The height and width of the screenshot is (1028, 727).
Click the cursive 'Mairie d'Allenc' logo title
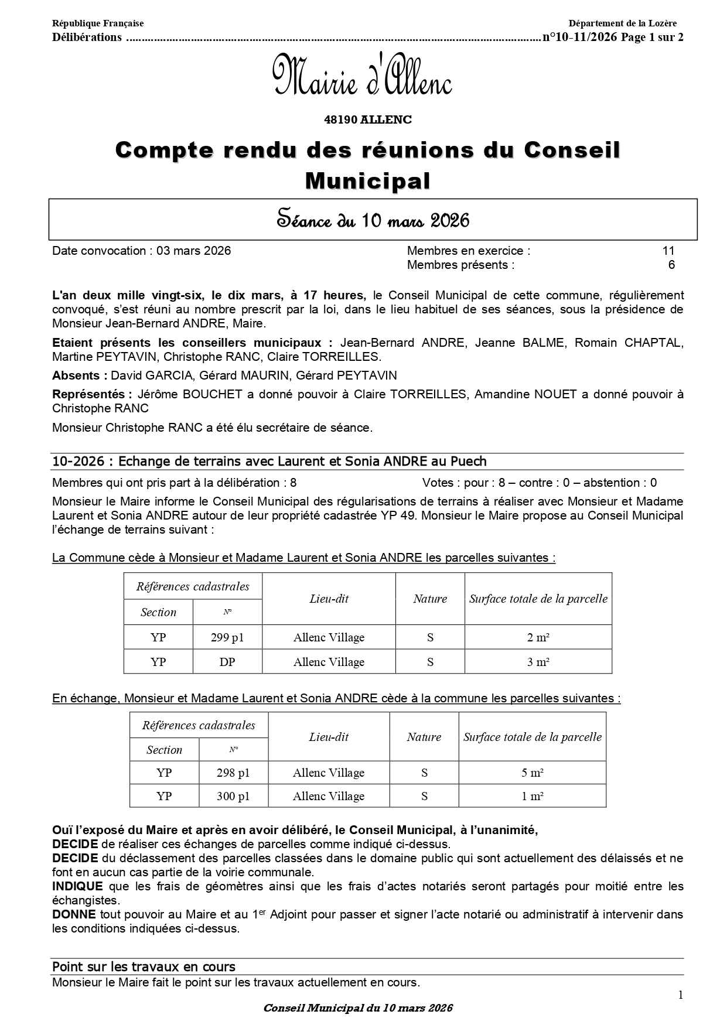(362, 76)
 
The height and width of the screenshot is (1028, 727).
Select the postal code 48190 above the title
(341, 119)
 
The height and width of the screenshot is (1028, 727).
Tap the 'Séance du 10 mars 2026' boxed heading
(373, 220)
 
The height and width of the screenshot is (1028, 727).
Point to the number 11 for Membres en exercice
(668, 251)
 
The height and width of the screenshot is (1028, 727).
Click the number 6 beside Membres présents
(671, 265)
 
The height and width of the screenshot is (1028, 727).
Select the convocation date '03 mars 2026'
(193, 251)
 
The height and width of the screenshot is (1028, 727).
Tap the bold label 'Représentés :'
(88, 394)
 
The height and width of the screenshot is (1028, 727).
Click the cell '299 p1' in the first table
(227, 637)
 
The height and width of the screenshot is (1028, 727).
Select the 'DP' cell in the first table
(227, 662)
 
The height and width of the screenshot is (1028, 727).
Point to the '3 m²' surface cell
(538, 662)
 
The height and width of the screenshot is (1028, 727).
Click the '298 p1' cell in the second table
(233, 773)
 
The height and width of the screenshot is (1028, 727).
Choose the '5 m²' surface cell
(532, 773)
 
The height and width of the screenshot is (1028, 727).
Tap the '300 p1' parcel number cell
(233, 796)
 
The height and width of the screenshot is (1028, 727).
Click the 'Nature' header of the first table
(430, 599)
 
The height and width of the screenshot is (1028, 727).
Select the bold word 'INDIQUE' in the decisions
(77, 886)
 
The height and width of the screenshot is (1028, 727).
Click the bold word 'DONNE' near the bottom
(74, 914)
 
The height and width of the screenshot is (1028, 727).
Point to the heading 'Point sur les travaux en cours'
(144, 966)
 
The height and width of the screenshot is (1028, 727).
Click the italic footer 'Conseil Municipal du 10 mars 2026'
(358, 1008)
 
